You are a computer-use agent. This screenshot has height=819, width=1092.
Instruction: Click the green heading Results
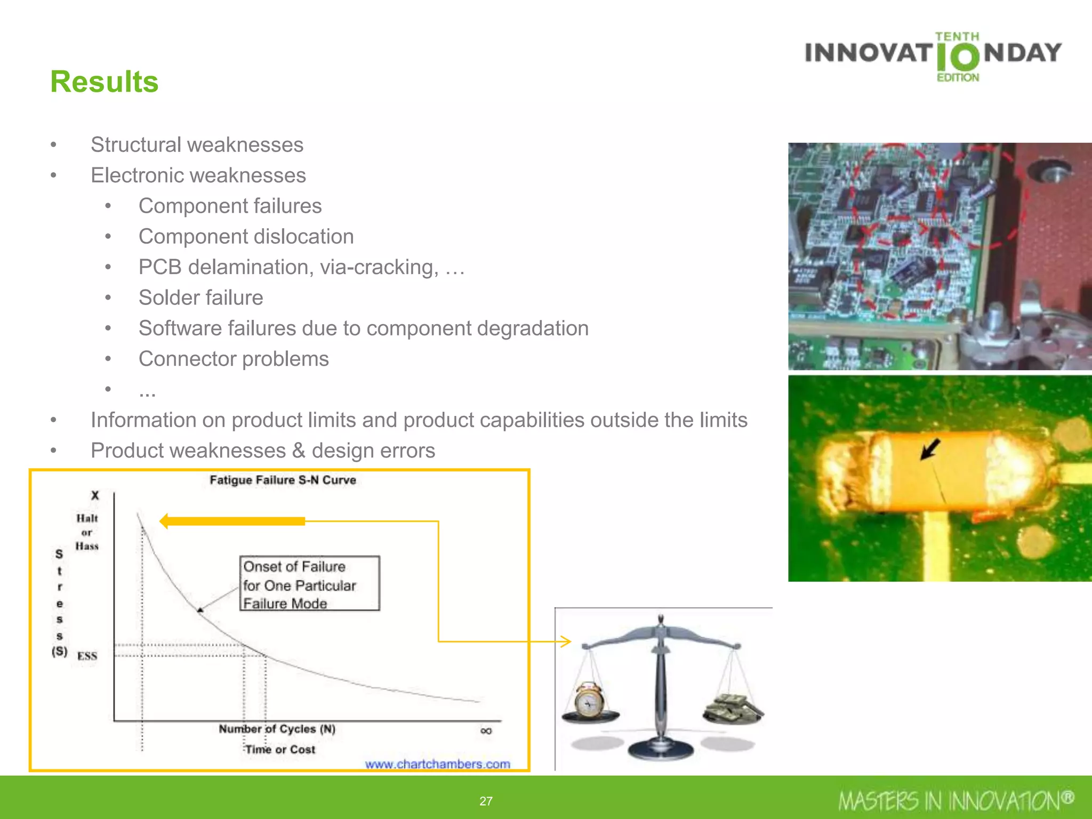[104, 82]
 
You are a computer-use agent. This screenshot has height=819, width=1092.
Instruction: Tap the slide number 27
[486, 801]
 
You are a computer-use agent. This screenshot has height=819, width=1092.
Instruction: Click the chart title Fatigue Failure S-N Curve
[283, 480]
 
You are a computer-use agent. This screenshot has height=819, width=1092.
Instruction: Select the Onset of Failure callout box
[309, 583]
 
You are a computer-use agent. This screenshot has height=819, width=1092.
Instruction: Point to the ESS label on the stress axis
[87, 656]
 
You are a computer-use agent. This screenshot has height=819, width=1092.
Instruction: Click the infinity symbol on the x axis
[486, 730]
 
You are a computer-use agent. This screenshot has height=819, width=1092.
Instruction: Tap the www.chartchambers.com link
[437, 764]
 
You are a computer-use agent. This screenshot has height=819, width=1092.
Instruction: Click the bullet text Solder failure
[200, 298]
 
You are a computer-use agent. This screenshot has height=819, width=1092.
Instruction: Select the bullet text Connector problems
[234, 359]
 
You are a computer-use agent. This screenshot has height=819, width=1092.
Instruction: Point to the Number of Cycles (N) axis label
[277, 729]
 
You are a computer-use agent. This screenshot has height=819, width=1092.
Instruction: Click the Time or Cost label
[280, 749]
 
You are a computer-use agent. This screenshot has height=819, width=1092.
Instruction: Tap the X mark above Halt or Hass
[95, 495]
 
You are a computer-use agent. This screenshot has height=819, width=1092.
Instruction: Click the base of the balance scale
[661, 750]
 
